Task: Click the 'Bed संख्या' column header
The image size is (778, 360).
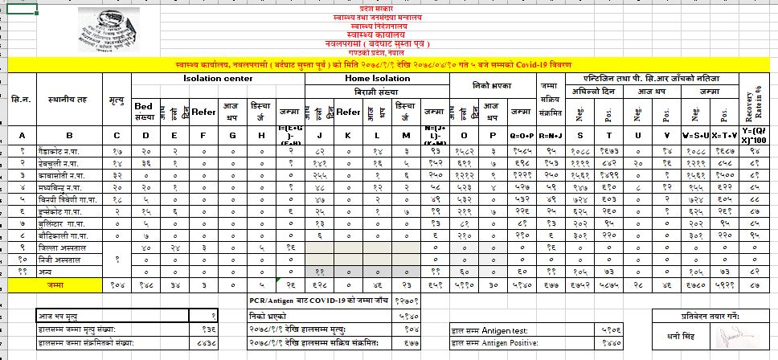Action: (145, 111)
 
